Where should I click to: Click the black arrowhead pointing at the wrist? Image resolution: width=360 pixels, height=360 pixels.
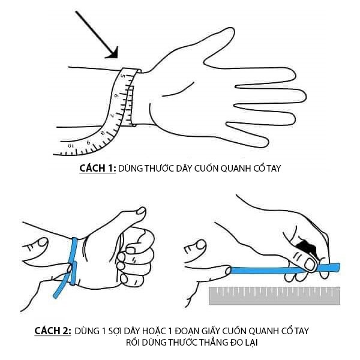(113, 54)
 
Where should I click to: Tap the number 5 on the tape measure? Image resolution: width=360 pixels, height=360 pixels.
(123, 76)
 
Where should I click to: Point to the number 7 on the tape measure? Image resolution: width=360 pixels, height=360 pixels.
(113, 115)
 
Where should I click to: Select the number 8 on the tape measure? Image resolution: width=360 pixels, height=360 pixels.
(103, 133)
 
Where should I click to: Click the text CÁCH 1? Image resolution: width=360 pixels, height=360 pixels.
(98, 168)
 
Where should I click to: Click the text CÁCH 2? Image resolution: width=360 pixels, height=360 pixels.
(53, 331)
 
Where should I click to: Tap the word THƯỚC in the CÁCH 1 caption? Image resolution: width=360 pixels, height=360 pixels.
(158, 168)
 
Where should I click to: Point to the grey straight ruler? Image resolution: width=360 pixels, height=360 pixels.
(274, 295)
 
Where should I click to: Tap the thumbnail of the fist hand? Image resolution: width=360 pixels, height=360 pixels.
(141, 211)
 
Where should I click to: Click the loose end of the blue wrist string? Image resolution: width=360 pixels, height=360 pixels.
(55, 296)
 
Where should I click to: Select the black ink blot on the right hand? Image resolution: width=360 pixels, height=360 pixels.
(307, 247)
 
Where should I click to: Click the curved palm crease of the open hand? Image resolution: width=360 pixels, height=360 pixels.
(178, 90)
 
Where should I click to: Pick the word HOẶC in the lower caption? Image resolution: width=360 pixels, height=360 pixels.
(154, 331)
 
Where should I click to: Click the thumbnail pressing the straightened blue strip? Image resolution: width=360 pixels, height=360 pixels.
(310, 265)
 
